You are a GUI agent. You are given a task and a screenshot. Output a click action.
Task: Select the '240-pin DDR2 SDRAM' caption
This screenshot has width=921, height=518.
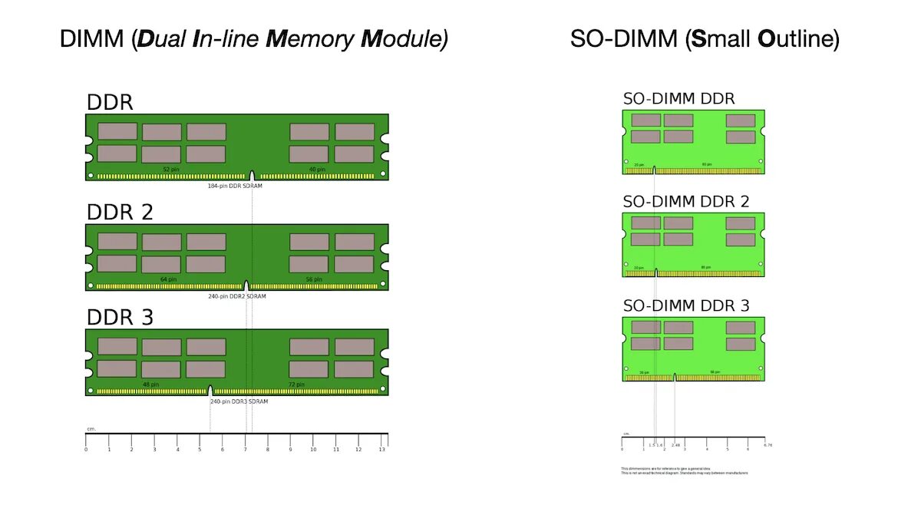coord(237,296)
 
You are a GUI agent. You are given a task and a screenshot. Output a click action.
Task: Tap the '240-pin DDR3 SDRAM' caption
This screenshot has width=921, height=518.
coord(239,401)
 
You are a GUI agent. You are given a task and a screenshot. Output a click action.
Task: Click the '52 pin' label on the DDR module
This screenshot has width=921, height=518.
coord(171,170)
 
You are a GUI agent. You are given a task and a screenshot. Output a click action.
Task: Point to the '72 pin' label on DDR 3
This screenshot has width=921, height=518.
coord(296,384)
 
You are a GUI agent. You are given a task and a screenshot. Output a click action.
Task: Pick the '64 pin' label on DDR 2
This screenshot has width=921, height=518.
coord(168,279)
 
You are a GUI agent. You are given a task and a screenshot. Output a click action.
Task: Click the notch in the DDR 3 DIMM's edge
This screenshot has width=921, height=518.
coord(210,391)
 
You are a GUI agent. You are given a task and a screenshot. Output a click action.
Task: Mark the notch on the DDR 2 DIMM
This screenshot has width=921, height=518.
coord(246,285)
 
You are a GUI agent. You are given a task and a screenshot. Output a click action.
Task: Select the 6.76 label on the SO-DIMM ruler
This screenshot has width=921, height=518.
coord(767,445)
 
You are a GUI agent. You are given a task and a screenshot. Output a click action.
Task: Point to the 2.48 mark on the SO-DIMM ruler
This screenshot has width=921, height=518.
coord(675,445)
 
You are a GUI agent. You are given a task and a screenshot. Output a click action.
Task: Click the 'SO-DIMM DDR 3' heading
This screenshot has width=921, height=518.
coord(686,305)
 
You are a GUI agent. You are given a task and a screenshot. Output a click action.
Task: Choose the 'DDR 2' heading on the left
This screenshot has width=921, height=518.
coord(120,212)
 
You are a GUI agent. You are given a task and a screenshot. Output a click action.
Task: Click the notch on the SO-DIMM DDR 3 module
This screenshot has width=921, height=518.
coord(675,377)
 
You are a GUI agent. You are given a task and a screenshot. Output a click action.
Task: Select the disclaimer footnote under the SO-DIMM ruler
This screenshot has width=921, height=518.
coord(684,470)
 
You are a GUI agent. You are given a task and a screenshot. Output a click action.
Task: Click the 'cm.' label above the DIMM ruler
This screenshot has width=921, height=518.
coord(91,429)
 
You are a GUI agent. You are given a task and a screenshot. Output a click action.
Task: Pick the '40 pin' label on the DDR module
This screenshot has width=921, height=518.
coord(316,170)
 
